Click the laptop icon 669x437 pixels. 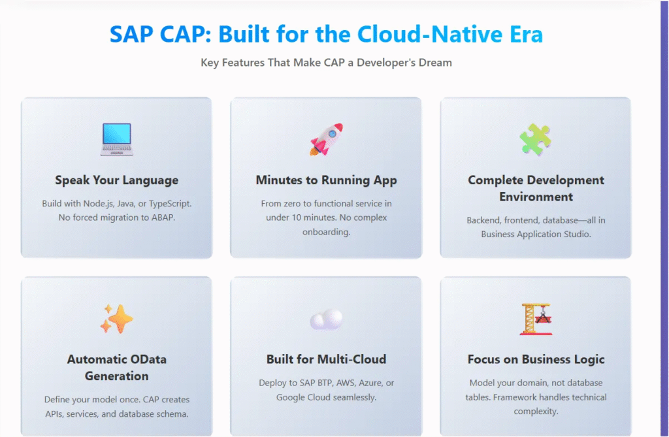116,139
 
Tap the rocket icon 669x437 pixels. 327,139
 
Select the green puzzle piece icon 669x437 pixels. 536,139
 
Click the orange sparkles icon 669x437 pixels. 116,319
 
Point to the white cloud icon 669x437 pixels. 327,319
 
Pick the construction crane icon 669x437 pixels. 536,319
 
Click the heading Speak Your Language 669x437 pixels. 116,180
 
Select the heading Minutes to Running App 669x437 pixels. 327,180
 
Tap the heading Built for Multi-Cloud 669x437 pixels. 327,359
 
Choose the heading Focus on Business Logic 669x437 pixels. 536,359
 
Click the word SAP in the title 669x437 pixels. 131,34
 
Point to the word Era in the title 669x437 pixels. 526,34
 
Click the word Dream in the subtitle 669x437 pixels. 435,63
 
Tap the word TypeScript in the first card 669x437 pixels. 170,204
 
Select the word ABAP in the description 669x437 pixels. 163,218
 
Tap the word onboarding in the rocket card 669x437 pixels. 327,232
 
